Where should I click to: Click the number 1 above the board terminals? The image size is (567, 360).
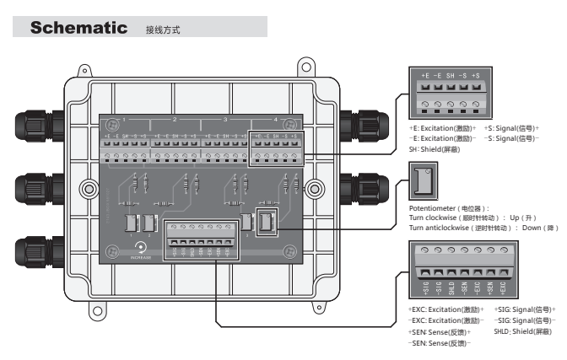(125, 119)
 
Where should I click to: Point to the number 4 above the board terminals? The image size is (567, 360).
(276, 119)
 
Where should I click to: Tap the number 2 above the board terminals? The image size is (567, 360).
(175, 119)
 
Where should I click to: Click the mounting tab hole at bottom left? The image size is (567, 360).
(98, 314)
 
